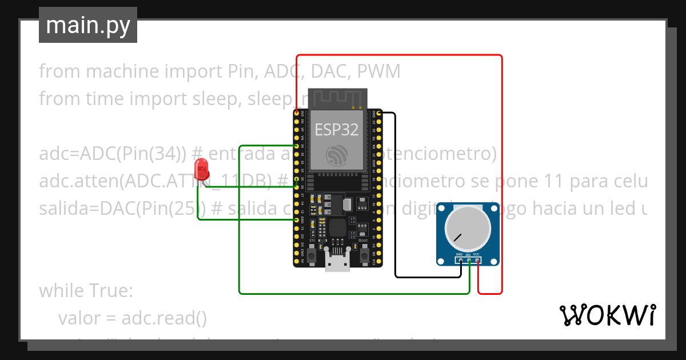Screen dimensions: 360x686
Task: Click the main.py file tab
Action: pos(87,25)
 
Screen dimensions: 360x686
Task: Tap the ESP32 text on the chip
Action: pos(337,130)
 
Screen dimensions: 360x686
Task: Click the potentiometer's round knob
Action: pos(468,227)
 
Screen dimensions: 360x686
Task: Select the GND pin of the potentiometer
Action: pos(460,261)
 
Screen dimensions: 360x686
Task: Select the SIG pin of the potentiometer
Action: pos(469,261)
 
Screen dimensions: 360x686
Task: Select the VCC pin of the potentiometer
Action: pos(477,261)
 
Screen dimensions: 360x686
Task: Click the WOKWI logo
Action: pos(607,315)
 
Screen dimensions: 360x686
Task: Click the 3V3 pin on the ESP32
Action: pos(297,114)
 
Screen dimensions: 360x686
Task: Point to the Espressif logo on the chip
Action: pos(337,155)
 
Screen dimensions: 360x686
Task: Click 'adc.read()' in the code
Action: pos(164,318)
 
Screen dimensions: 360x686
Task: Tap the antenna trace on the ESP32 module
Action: pos(337,98)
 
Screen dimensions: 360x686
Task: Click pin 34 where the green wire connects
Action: pos(297,146)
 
